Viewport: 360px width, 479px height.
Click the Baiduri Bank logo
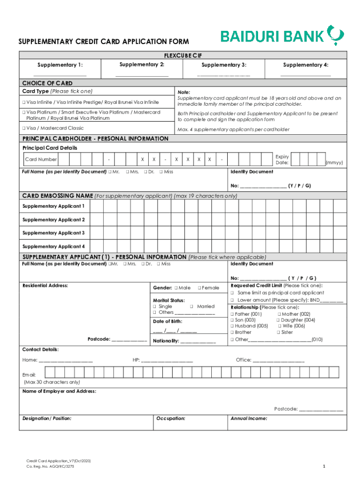pos(282,36)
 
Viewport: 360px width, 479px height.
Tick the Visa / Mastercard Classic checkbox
pos(23,128)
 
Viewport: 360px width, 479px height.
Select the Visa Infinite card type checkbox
pos(23,102)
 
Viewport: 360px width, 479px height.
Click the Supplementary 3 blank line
pos(223,75)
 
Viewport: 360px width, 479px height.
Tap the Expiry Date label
pos(282,160)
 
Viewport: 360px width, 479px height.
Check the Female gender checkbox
pos(199,288)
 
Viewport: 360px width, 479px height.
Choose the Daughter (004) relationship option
pos(279,320)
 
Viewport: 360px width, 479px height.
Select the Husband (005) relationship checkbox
pos(232,326)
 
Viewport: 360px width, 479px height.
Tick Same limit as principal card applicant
pos(232,293)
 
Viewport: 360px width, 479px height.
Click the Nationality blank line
pos(198,341)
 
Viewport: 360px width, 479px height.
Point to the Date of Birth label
pos(167,321)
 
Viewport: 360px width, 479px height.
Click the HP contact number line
pos(167,361)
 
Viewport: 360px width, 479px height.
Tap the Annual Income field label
pos(249,419)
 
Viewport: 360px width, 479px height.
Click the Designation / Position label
pos(47,419)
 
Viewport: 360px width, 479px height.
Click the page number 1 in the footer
pos(324,466)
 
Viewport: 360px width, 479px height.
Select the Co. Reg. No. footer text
pos(50,467)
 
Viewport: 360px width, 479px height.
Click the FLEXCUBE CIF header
pos(183,55)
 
